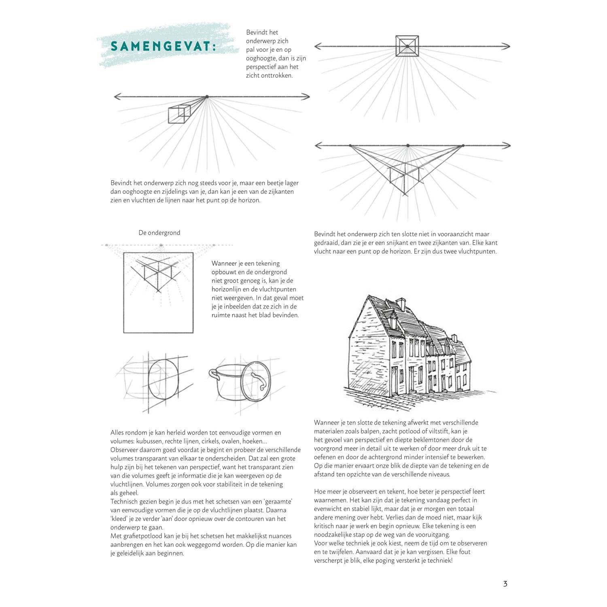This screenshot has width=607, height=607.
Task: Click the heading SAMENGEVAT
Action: click(162, 47)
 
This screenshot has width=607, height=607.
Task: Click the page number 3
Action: click(505, 584)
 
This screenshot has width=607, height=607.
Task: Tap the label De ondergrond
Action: click(159, 233)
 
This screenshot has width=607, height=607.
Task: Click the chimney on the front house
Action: click(401, 304)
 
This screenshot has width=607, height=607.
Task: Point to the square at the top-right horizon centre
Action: click(407, 46)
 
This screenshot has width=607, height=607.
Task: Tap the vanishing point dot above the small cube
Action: click(207, 97)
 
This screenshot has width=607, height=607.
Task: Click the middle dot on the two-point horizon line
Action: click(408, 145)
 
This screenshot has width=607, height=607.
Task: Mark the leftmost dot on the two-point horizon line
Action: click(350, 145)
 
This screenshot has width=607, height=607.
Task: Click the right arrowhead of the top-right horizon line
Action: click(507, 46)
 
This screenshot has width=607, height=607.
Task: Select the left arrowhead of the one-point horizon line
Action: click(118, 97)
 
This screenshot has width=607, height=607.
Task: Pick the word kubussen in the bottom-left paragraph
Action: click(149, 441)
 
